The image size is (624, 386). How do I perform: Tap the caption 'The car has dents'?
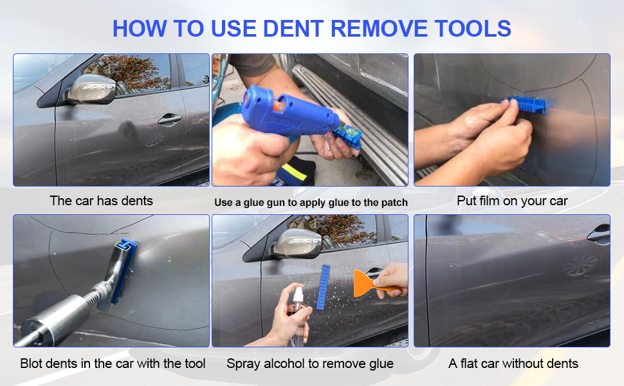click(x=102, y=201)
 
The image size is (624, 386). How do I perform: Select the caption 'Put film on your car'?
click(x=512, y=201)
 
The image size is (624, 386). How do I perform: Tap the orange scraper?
click(x=370, y=283)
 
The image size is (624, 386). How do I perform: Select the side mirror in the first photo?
click(x=92, y=89)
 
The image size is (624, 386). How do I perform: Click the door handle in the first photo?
click(x=169, y=119)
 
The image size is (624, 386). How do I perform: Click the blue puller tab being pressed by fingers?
click(x=526, y=105)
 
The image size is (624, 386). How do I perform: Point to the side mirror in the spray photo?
click(x=297, y=244)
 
